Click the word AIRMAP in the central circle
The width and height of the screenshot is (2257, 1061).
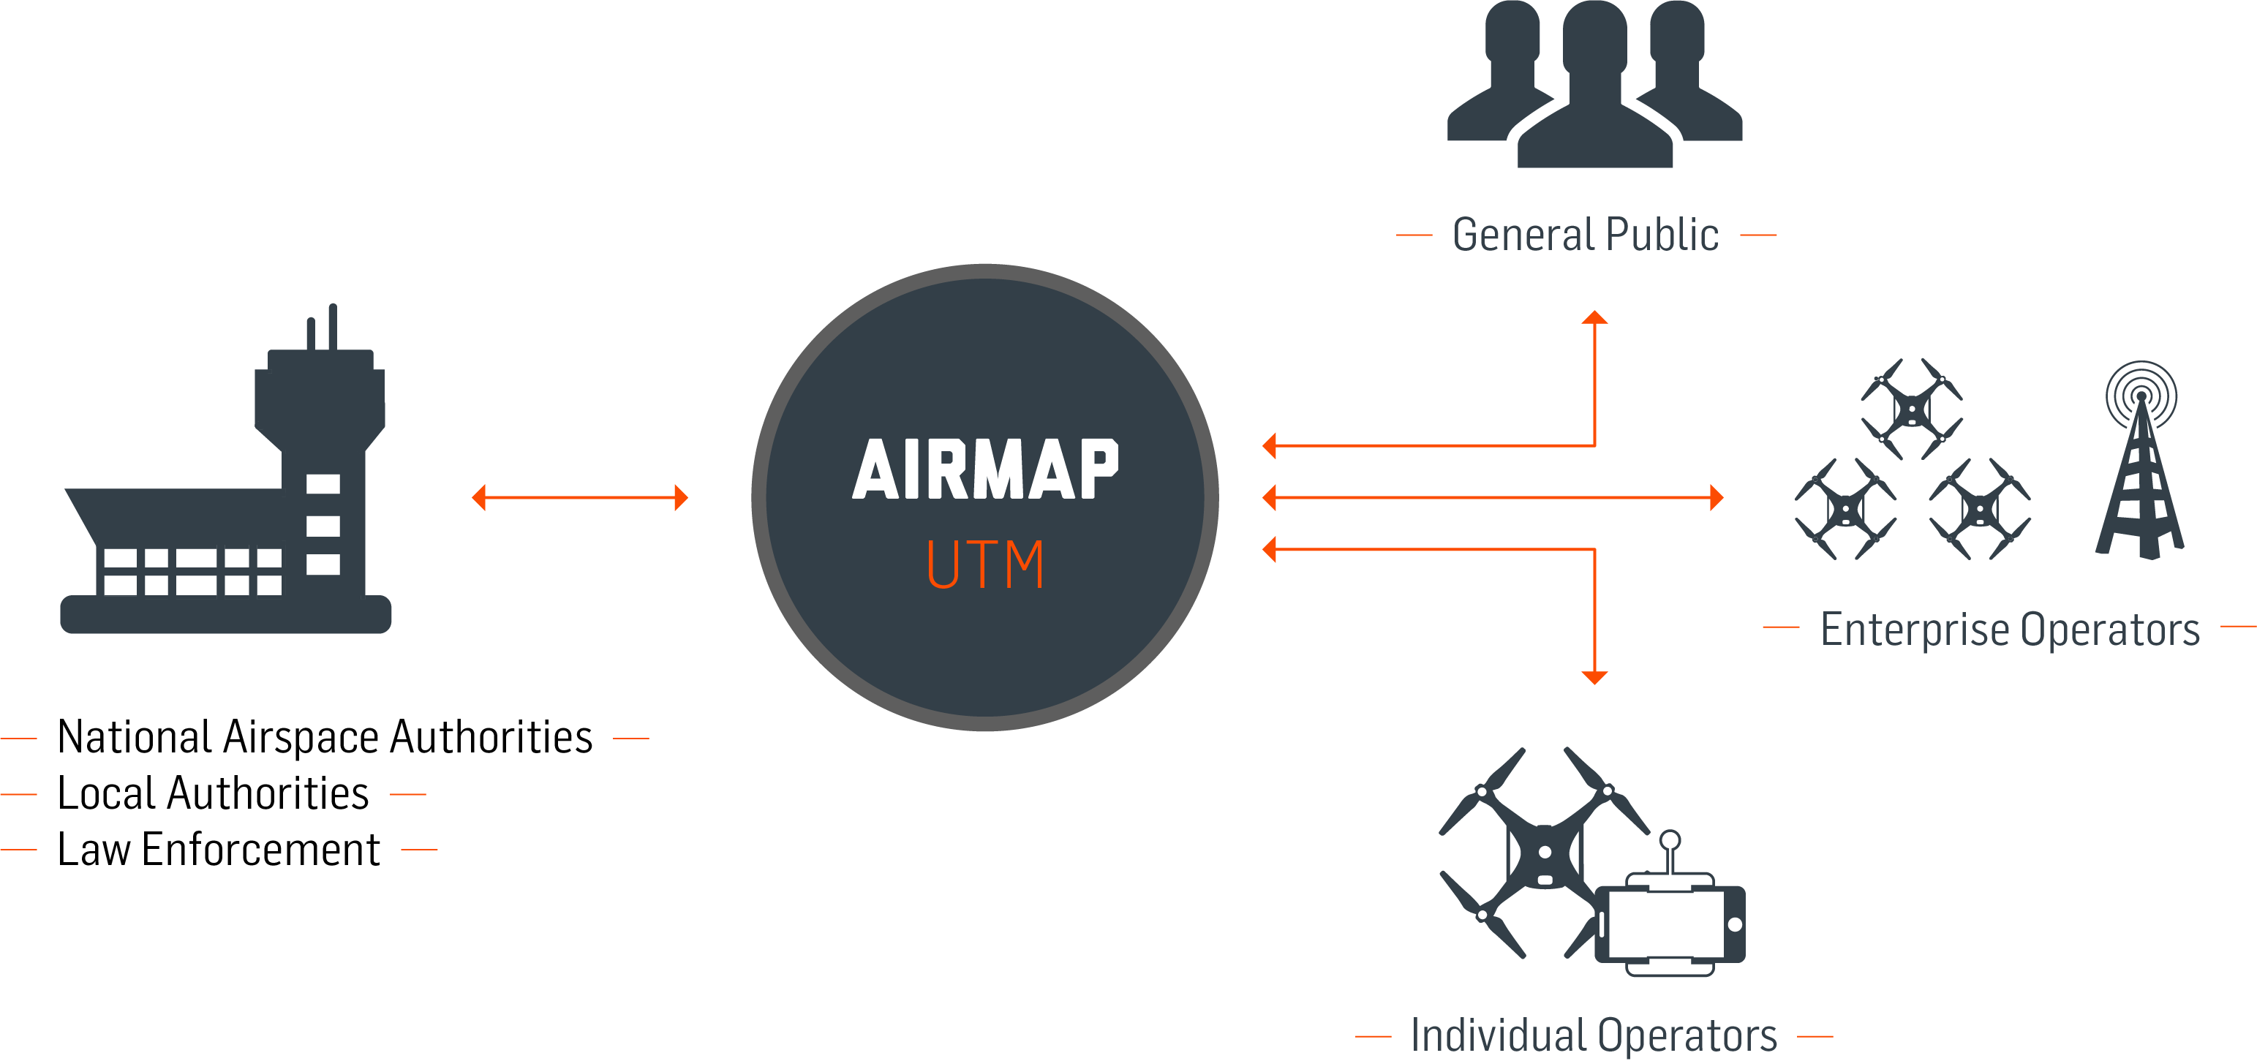tap(985, 469)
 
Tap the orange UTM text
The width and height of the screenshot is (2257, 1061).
tap(985, 565)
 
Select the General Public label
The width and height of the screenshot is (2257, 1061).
tap(1585, 235)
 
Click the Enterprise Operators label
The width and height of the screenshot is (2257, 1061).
tap(2010, 629)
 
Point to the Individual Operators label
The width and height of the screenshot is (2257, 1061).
tap(1594, 1035)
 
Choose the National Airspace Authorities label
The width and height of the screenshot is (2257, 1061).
tap(325, 738)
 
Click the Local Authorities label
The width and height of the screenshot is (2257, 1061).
tap(213, 794)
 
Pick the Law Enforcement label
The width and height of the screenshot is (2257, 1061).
tap(219, 850)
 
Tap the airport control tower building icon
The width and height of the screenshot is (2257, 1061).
tap(226, 508)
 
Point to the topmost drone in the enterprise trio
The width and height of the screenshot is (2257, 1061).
tap(1911, 408)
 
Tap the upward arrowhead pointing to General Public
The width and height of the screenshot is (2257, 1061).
tap(1594, 317)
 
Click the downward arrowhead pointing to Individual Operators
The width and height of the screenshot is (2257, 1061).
tap(1594, 677)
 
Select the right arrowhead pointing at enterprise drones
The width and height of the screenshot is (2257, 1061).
tap(1717, 498)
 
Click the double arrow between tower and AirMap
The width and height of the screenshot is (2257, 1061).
tap(580, 498)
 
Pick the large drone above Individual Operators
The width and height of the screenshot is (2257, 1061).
tap(1544, 852)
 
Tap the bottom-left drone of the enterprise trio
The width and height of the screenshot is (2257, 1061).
tap(1845, 509)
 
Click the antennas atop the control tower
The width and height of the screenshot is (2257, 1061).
tap(323, 327)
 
